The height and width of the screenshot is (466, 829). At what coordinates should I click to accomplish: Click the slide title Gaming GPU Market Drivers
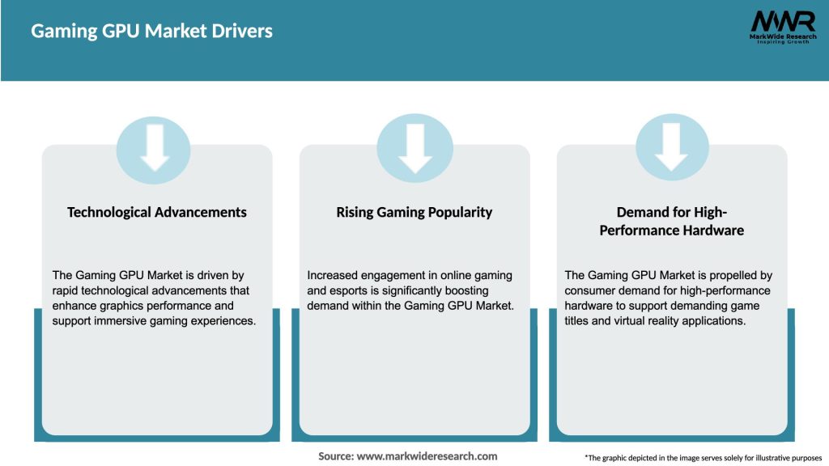pos(151,32)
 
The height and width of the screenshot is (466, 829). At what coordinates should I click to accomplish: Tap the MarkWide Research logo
pos(783,27)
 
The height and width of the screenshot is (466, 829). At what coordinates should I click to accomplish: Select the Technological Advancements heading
pos(156,213)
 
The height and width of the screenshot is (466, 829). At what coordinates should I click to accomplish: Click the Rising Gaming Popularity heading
pos(414,213)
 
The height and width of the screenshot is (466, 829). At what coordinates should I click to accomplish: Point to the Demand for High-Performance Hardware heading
pos(671,221)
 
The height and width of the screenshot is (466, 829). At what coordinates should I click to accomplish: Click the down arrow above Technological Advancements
pos(155,147)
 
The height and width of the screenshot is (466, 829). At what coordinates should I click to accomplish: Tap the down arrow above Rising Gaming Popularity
pos(415,149)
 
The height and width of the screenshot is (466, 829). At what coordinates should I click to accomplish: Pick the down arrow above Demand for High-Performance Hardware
pos(671,147)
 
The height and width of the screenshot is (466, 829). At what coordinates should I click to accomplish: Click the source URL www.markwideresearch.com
pos(427,456)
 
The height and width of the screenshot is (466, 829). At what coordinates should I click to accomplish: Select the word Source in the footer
pos(336,456)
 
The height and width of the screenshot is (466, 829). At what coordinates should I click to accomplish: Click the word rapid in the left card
pos(65,290)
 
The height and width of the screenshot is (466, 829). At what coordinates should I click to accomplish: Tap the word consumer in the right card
pos(587,290)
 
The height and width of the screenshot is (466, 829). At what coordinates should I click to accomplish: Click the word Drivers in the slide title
pos(242,32)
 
